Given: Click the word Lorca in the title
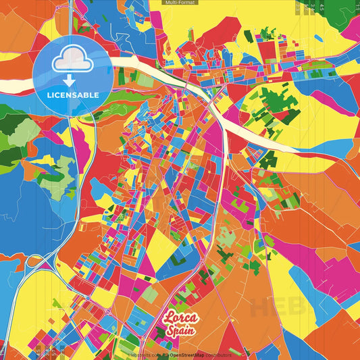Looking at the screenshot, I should (x=180, y=318).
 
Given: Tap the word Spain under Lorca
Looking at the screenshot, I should (x=182, y=331).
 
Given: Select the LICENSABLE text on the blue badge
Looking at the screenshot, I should (x=72, y=95).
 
